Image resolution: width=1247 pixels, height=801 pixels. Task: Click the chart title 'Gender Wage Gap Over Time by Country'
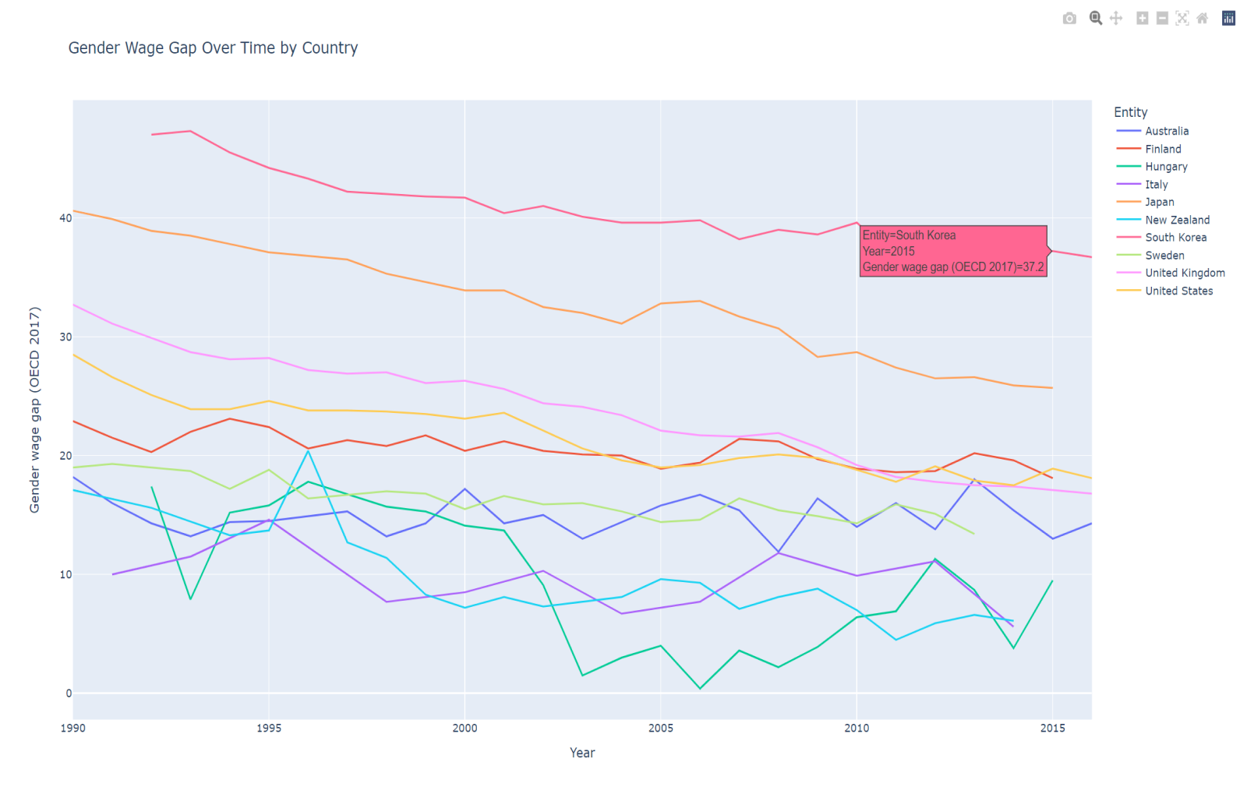pos(213,48)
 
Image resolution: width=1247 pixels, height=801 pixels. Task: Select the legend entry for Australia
pos(1166,131)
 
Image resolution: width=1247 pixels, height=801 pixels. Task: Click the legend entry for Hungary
pos(1166,167)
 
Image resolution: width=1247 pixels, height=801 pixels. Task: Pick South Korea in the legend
pos(1175,238)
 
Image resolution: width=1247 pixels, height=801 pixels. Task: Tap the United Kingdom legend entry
pos(1185,273)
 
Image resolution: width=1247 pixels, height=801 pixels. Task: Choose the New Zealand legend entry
pos(1177,220)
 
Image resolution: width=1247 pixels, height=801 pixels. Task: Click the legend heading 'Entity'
pos(1130,112)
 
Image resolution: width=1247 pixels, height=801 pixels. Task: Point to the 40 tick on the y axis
pos(65,218)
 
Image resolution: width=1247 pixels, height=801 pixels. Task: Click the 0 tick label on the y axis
pos(69,693)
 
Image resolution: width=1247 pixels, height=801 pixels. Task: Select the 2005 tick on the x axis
pos(661,729)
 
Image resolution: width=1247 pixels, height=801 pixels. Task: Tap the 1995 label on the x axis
pos(269,729)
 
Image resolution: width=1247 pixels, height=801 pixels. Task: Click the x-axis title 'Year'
pos(582,753)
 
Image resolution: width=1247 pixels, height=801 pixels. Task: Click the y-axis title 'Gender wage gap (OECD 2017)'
pos(34,409)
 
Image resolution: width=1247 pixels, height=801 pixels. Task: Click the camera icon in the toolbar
pos(1069,19)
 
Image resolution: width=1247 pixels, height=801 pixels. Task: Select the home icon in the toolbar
pos(1203,19)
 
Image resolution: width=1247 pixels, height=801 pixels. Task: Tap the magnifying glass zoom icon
pos(1096,19)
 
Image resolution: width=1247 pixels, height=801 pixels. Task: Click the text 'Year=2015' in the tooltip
pos(888,251)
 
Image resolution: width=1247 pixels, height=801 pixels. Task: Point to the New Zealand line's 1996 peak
pos(309,451)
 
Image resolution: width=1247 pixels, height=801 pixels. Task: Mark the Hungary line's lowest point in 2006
pos(700,688)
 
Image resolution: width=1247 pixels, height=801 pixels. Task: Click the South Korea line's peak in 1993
pos(191,131)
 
